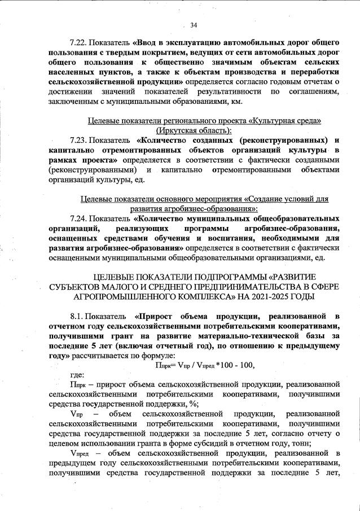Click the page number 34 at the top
[194, 25]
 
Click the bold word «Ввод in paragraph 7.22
[147, 43]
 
